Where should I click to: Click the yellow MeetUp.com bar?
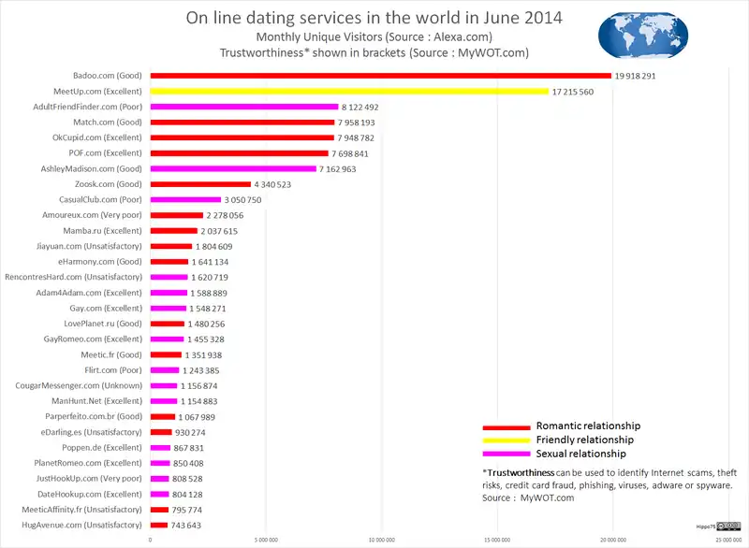coord(349,92)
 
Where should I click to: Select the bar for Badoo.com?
coord(380,76)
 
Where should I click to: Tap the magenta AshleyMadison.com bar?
coord(233,168)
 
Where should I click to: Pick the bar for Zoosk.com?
coord(200,184)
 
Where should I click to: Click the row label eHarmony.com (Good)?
coord(100,262)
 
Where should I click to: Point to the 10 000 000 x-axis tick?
coord(381,540)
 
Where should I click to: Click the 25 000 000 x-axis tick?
coord(727,540)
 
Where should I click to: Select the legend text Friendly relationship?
coord(584,440)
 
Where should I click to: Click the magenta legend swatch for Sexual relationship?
coord(500,454)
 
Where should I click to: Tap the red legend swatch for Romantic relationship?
coord(500,425)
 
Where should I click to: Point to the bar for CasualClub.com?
coord(185,200)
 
